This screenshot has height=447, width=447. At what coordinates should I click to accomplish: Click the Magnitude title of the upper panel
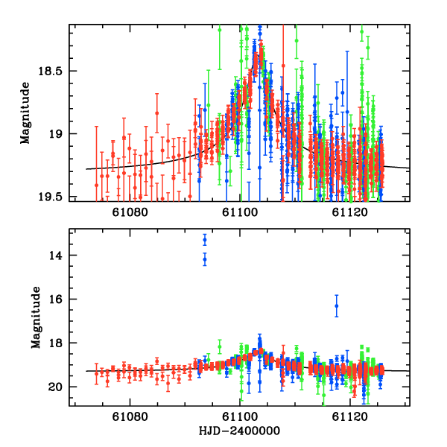point(25,112)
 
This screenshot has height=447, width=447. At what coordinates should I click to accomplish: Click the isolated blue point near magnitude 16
point(337,305)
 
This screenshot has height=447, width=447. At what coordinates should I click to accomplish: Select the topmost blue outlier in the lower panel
point(205,240)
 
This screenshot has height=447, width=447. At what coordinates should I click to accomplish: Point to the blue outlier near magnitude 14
point(205,259)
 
